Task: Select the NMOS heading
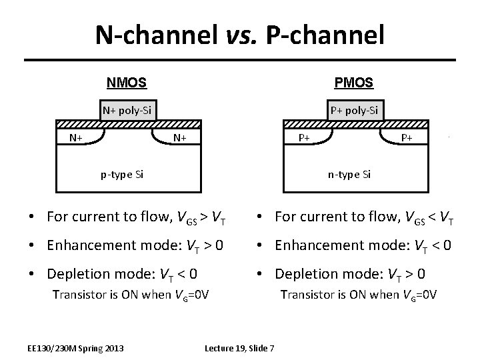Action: (x=127, y=84)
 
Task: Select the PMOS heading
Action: (x=353, y=84)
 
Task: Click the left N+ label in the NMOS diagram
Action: (x=75, y=137)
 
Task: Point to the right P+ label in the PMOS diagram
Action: (x=407, y=138)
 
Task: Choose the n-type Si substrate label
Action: (x=349, y=174)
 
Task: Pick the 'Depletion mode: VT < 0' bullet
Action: (x=115, y=273)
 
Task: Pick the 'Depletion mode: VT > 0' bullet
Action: (x=344, y=273)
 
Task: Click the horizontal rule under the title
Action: (x=240, y=61)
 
